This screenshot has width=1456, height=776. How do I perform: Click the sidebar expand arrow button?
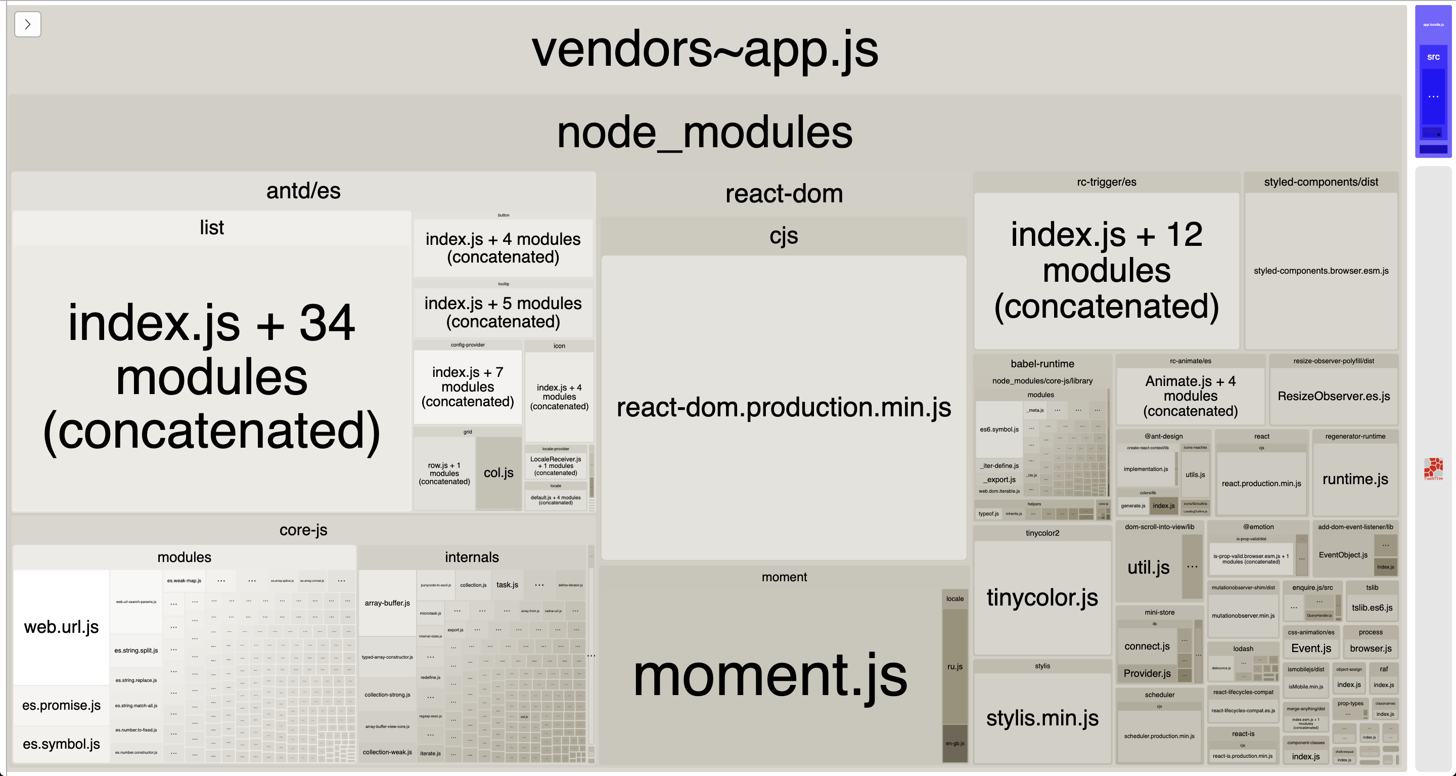coord(27,24)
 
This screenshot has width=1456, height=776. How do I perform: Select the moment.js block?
coord(770,676)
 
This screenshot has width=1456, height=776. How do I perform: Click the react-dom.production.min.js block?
coord(784,407)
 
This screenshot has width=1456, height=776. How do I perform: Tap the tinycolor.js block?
coord(1041,597)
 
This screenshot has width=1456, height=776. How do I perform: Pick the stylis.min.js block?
coord(1041,718)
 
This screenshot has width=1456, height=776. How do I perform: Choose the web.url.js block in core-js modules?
coord(61,627)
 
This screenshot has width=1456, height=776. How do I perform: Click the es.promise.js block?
coord(61,705)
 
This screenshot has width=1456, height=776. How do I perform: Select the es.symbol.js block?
coord(61,744)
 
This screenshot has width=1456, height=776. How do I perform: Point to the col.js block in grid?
coord(498,473)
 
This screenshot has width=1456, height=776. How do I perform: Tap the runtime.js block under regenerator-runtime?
coord(1355,479)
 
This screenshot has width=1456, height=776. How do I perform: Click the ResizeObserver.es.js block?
coord(1333,396)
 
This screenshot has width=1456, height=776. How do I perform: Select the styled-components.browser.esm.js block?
coord(1321,271)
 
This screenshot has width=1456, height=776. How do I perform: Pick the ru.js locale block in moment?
coord(954,666)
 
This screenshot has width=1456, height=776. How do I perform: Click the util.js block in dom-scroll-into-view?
coord(1148,567)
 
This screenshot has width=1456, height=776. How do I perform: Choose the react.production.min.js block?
coord(1261,484)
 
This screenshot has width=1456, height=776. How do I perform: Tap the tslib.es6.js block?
coord(1372,608)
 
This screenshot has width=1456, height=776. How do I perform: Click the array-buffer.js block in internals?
coord(387,603)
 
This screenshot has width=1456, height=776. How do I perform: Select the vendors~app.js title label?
coord(705,49)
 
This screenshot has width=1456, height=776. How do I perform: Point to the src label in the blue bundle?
coord(1433,57)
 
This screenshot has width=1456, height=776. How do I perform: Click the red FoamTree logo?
coord(1433,468)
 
